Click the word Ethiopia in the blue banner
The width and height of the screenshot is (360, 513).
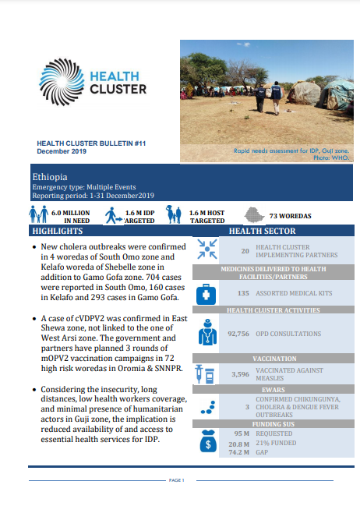pyautogui.click(x=48, y=177)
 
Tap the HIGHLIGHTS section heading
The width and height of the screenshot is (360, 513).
pyautogui.click(x=56, y=232)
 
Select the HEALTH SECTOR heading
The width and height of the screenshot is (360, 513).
pyautogui.click(x=262, y=232)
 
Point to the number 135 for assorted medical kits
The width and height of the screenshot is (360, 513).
pyautogui.click(x=242, y=293)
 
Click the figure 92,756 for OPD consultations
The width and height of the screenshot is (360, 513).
pyautogui.click(x=238, y=334)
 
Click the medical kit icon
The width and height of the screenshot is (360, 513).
pyautogui.click(x=207, y=294)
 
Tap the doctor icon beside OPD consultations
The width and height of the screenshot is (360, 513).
pyautogui.click(x=207, y=334)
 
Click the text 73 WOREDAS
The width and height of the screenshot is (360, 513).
pyautogui.click(x=291, y=215)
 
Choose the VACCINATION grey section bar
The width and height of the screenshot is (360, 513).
pyautogui.click(x=263, y=358)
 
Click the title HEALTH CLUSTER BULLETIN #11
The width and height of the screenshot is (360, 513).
pyautogui.click(x=91, y=143)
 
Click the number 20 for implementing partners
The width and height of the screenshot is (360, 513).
pyautogui.click(x=245, y=251)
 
